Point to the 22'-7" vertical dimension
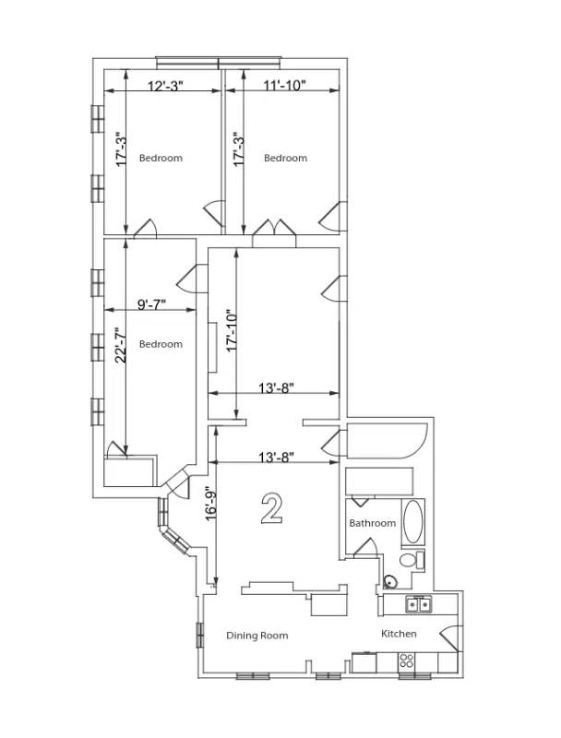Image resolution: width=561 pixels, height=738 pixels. [x=119, y=346]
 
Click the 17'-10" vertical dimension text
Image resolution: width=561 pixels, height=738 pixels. [x=233, y=330]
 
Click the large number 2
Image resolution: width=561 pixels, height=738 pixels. [x=271, y=508]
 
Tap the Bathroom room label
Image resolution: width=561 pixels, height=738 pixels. [x=372, y=523]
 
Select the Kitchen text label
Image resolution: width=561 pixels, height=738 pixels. [x=399, y=634]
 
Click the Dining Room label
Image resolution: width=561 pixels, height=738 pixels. [x=257, y=636]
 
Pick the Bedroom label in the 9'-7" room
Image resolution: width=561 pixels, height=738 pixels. [x=161, y=344]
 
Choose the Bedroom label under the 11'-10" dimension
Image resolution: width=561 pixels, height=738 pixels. [x=285, y=158]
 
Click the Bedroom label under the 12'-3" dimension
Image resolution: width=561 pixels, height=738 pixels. [x=161, y=158]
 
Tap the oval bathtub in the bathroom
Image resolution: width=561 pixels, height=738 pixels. [x=412, y=523]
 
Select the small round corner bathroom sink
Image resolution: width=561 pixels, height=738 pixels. [x=389, y=581]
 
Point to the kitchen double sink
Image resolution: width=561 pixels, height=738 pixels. [x=420, y=604]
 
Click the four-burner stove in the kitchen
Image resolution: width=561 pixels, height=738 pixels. [x=406, y=661]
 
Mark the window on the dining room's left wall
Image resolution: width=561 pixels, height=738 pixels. [x=199, y=636]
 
